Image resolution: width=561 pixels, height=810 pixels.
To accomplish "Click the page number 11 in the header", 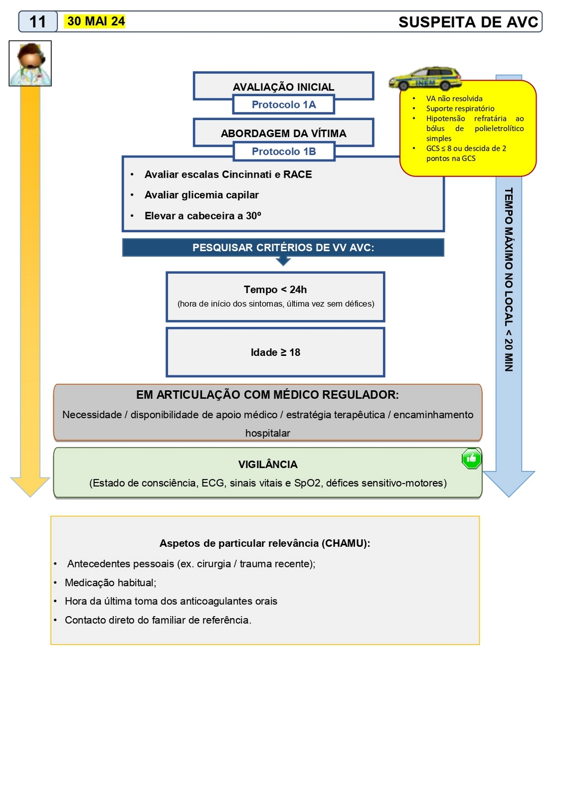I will [38, 22].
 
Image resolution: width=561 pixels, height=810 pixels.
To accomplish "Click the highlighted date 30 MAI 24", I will [96, 21].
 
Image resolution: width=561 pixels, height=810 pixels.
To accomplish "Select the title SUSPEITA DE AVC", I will [468, 22].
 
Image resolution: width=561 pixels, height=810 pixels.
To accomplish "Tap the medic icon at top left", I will [30, 63].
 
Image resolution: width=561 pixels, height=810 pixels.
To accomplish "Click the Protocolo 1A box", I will [284, 105].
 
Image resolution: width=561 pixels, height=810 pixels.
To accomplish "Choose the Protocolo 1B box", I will [284, 151].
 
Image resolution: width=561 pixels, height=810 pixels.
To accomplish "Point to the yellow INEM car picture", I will [425, 78].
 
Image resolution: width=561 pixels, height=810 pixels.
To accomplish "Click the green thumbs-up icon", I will [471, 459].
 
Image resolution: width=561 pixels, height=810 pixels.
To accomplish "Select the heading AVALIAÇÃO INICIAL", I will [284, 87].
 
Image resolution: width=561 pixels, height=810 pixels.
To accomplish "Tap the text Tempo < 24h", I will [275, 290].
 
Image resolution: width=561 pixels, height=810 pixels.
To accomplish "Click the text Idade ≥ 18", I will [275, 352].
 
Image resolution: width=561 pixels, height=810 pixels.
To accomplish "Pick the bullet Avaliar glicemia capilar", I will [202, 195].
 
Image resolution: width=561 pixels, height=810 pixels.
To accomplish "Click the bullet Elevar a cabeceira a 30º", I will [203, 216].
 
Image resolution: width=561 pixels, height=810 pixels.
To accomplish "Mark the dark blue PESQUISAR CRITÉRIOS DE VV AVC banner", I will [283, 248].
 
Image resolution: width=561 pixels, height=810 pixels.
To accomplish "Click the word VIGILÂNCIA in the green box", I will [268, 464].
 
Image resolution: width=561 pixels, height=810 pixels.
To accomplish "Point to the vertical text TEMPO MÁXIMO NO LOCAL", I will [509, 279].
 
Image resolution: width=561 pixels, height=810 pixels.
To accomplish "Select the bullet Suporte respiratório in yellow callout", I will [460, 108].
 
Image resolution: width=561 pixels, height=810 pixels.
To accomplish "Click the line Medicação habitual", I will [110, 583].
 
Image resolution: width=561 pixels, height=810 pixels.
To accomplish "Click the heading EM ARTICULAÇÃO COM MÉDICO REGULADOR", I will [267, 395].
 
